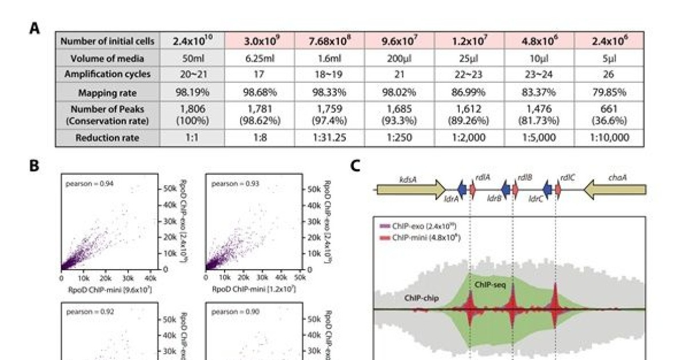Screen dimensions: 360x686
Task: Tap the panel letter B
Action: pyautogui.click(x=34, y=166)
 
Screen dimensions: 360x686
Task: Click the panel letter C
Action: pyautogui.click(x=355, y=166)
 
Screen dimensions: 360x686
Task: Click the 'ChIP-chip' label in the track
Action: pyautogui.click(x=421, y=298)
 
